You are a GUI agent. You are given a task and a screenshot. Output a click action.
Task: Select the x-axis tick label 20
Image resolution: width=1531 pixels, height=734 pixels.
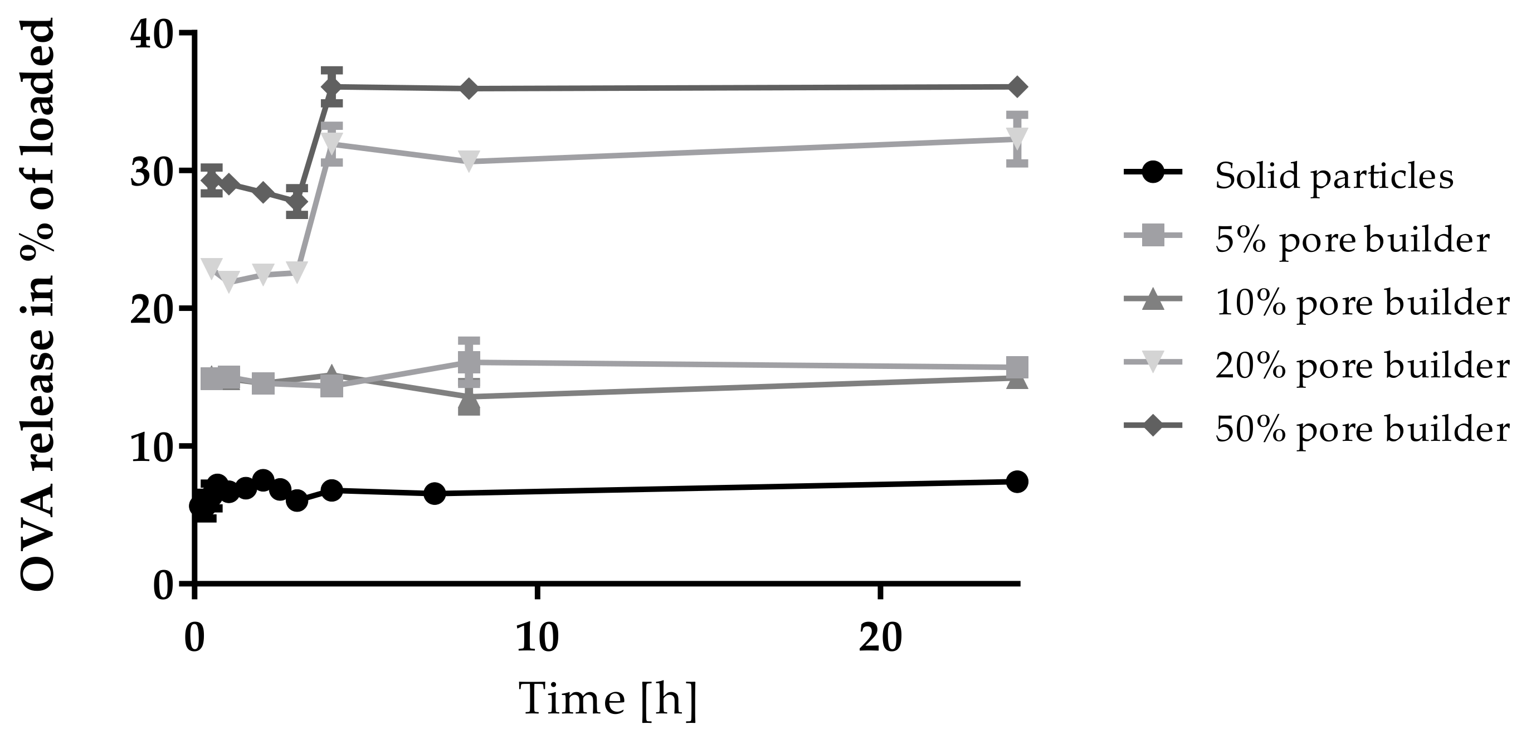[x=880, y=638]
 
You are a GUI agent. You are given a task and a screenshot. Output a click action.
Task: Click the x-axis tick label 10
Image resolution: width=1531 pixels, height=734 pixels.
[x=537, y=638]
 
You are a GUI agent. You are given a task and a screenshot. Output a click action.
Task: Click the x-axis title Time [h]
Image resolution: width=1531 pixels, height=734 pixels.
[x=608, y=699]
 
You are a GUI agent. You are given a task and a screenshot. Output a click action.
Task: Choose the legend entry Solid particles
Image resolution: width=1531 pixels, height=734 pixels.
[x=1334, y=176]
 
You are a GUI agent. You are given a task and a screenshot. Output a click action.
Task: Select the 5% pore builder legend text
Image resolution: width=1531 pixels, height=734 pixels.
[x=1352, y=240]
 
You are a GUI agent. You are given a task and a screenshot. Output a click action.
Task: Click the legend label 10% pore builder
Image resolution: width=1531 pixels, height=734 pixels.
[x=1362, y=303]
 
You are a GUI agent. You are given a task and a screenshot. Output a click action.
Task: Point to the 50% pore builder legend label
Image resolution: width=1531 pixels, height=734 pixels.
[x=1362, y=429]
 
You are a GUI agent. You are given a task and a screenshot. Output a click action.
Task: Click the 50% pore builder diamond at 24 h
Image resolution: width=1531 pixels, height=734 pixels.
[x=1017, y=87]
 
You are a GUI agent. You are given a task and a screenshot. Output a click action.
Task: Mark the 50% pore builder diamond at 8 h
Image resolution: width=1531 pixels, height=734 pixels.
[x=469, y=89]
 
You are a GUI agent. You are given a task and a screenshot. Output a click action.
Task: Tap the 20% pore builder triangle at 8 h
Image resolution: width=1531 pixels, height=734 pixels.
[x=469, y=161]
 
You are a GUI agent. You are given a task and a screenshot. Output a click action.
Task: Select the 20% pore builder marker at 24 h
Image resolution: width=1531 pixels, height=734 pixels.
[x=1017, y=138]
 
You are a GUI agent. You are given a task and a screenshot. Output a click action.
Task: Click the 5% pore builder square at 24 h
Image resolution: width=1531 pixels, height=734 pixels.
[x=1017, y=367]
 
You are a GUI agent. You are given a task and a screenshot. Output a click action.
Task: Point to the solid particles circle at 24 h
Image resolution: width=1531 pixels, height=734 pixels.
[x=1017, y=482]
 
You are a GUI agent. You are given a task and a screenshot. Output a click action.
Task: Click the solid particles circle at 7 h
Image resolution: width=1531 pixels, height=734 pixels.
[x=435, y=493]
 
